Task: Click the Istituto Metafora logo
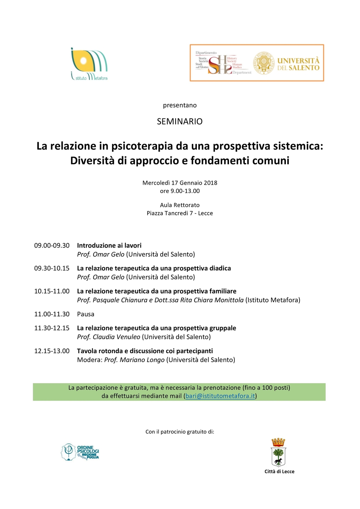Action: point(89,64)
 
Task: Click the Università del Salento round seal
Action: point(264,63)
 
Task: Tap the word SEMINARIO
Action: point(180,122)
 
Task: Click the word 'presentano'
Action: point(180,105)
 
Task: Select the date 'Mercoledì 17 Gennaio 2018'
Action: point(180,183)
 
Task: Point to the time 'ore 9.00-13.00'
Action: point(180,191)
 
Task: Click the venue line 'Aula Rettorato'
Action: point(180,205)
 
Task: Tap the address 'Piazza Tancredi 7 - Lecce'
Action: point(180,213)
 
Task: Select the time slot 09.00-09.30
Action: point(52,246)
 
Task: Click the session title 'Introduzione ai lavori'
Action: point(109,246)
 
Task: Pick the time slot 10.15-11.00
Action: point(52,291)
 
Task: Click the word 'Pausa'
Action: point(86,314)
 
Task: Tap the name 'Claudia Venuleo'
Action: point(116,337)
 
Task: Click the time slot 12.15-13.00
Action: point(52,351)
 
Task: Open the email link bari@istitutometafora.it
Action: point(220,396)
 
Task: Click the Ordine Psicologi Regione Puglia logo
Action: point(80,452)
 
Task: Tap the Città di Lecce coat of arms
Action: point(278,452)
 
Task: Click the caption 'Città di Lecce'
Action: point(279,472)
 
